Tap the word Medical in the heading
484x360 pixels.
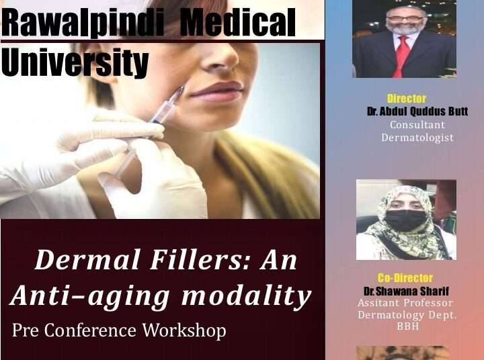[237, 22]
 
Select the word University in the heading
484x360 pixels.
[75, 62]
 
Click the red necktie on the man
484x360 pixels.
[401, 56]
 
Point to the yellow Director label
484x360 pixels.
[407, 99]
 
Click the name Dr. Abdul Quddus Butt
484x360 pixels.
[417, 111]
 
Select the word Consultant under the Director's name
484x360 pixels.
[417, 125]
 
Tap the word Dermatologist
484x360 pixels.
[417, 138]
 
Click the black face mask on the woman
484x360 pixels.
[405, 220]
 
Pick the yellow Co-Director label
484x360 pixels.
[405, 278]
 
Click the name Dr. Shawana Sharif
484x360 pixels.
[406, 291]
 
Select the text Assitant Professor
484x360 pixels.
[405, 303]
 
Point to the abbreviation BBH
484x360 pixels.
[408, 326]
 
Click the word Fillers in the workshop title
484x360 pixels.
[199, 260]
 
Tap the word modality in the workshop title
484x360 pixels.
[246, 296]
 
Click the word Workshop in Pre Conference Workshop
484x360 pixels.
[184, 330]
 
